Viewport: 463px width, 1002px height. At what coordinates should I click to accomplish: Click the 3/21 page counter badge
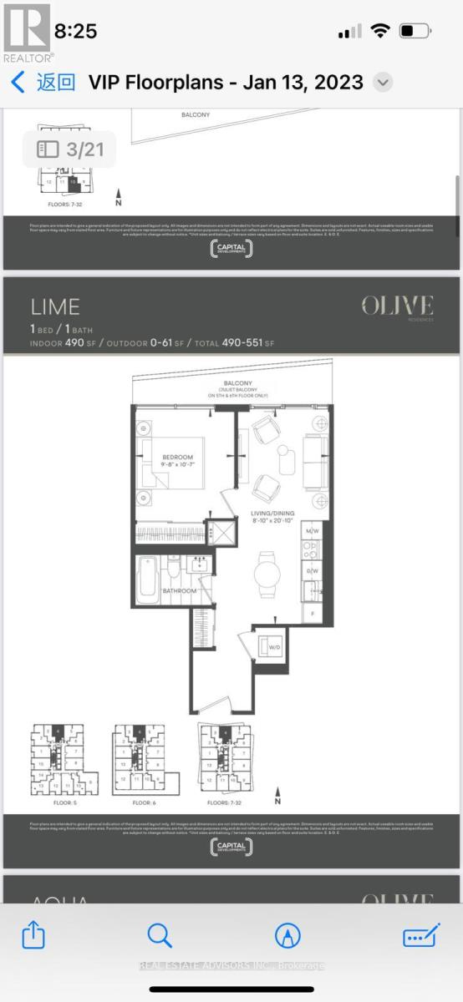(x=70, y=149)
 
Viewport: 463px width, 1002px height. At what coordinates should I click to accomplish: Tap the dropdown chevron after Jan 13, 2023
(x=382, y=82)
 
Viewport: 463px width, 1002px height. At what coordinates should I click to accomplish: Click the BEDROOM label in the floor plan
(x=178, y=457)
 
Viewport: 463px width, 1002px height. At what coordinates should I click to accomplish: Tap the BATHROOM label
(x=179, y=591)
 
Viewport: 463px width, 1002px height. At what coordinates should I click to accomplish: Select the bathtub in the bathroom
(x=148, y=575)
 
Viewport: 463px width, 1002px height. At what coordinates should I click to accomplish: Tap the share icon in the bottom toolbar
(x=33, y=935)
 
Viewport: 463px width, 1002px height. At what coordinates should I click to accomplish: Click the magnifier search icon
(x=159, y=935)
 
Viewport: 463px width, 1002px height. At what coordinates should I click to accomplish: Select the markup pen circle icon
(x=287, y=935)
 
